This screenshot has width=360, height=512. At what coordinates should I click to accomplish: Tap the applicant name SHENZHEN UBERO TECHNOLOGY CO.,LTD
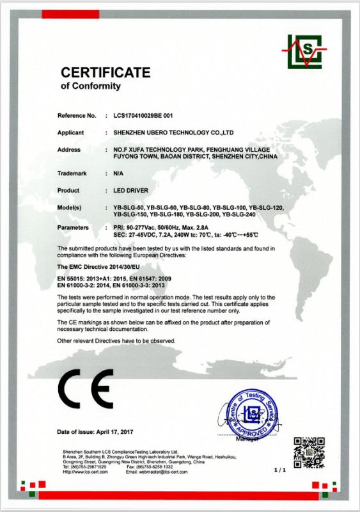point(173,133)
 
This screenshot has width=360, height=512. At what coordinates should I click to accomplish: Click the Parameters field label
point(74,227)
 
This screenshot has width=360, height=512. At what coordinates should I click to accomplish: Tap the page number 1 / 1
point(278,470)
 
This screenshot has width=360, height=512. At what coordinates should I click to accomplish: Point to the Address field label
point(70,149)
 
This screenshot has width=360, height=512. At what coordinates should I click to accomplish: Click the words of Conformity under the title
point(90,85)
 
